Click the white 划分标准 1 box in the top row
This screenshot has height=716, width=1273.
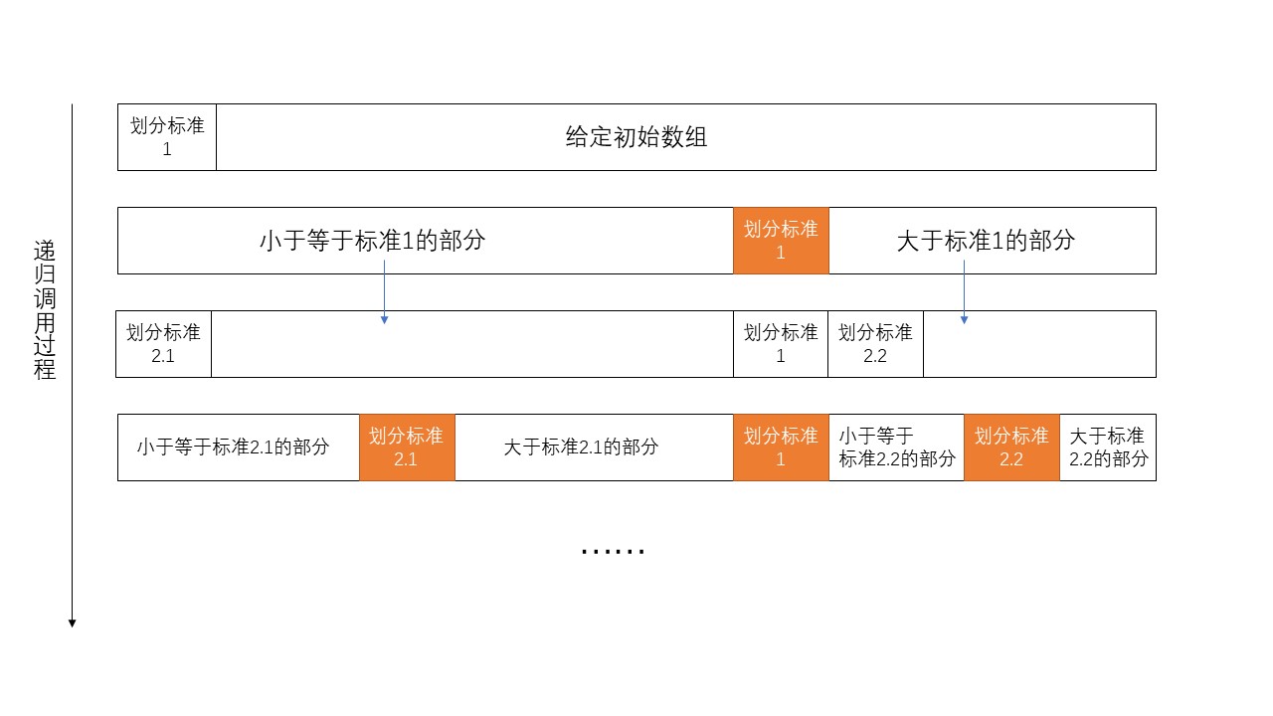click(167, 137)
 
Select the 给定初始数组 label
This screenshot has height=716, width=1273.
click(636, 137)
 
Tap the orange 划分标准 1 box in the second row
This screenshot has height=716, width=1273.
click(781, 241)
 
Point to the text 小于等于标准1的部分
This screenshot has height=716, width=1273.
click(372, 240)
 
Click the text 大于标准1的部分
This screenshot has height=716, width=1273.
click(986, 240)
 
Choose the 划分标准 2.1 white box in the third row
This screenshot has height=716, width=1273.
click(164, 344)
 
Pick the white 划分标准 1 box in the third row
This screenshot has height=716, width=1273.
click(781, 344)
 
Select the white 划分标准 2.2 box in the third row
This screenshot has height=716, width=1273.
click(876, 344)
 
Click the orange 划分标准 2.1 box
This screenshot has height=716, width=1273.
click(407, 447)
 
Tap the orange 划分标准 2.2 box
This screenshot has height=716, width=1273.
click(1011, 447)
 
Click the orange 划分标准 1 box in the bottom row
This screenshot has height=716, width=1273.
click(781, 447)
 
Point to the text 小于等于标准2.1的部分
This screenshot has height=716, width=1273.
click(233, 447)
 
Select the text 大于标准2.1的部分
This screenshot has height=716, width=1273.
click(582, 447)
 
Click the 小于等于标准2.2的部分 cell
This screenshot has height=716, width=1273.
click(897, 447)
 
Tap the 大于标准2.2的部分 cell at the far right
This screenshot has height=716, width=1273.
click(1108, 447)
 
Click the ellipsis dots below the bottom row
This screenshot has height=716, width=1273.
click(614, 551)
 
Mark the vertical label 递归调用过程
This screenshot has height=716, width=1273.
click(45, 309)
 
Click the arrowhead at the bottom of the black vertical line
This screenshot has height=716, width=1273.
click(73, 624)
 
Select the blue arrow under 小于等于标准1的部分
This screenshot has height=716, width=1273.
click(385, 292)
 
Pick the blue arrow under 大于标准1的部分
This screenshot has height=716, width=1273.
click(964, 292)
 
